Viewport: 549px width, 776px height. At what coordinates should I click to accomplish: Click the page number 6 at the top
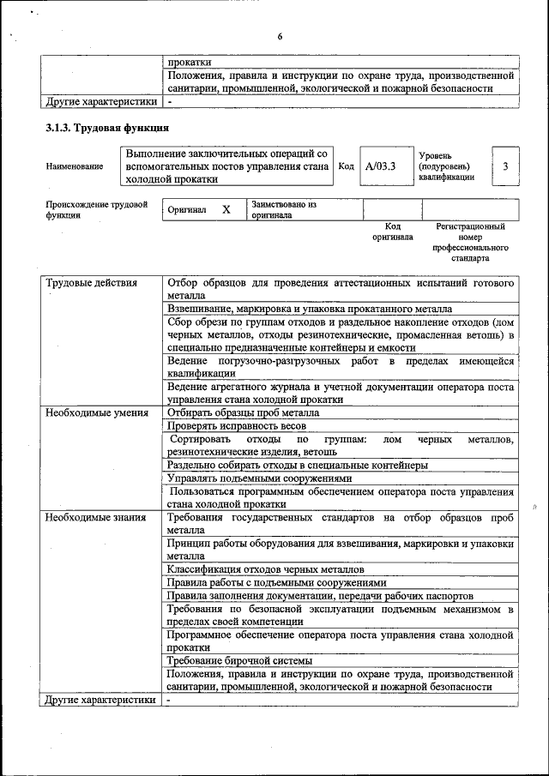point(280,36)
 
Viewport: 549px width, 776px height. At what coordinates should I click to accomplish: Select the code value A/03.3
point(379,166)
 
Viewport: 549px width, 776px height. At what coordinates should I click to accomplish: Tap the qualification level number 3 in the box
point(505,166)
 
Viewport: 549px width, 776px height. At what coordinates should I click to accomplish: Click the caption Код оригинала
point(392,232)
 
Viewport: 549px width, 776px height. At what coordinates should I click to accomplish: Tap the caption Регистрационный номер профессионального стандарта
point(470,242)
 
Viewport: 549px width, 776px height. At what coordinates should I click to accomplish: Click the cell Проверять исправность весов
point(237,426)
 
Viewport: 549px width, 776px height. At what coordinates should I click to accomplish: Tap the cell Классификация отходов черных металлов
point(265,568)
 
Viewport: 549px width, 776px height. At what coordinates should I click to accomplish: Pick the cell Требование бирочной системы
point(239,660)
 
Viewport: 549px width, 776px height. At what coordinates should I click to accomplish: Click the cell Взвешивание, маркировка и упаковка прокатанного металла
point(309,309)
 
